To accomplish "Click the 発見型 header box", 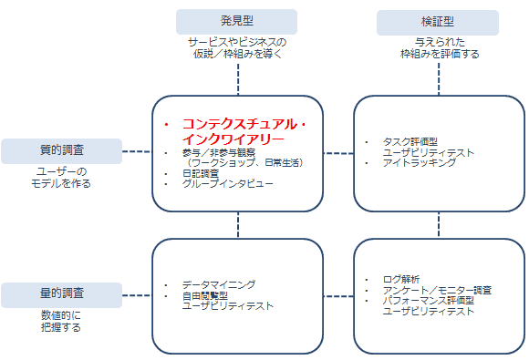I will pyautogui.click(x=236, y=21).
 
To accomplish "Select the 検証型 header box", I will pyautogui.click(x=438, y=22).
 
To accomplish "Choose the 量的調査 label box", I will pyautogui.click(x=61, y=293).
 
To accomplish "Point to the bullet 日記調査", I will pyautogui.click(x=200, y=173).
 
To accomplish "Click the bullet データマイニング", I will pyautogui.click(x=219, y=285).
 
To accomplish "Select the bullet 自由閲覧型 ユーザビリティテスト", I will pyautogui.click(x=227, y=301).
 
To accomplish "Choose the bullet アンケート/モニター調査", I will pyautogui.click(x=437, y=291).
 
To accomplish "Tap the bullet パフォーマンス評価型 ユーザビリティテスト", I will pyautogui.click(x=433, y=305).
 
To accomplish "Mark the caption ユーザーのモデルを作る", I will pyautogui.click(x=61, y=177).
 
